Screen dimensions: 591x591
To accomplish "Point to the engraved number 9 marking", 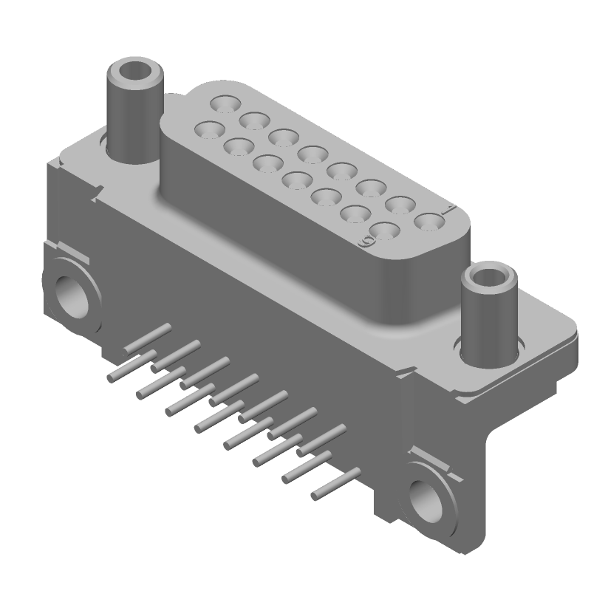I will (x=363, y=242).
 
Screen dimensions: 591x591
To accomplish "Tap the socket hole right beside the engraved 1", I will (x=428, y=221).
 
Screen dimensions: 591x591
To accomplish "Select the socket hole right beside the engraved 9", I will (x=384, y=230).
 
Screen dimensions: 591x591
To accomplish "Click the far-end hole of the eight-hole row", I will (x=223, y=104).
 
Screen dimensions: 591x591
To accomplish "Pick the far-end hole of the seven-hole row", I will (x=208, y=131).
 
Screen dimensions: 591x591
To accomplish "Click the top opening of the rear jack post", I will (x=134, y=73).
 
